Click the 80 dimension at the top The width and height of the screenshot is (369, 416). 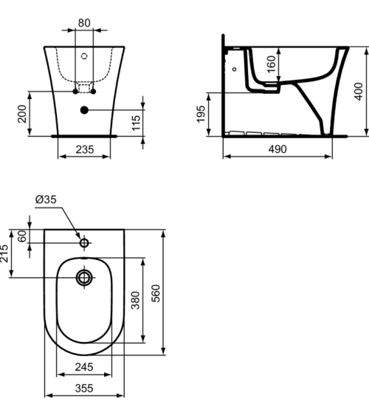point(84,23)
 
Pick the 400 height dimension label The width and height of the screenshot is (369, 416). point(358,92)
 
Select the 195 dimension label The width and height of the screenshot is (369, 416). point(201,115)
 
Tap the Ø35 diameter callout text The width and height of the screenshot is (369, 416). point(46,200)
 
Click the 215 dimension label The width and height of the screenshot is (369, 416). point(6,253)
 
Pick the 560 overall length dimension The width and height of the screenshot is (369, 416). point(156,293)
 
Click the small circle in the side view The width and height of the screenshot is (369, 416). point(234,69)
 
